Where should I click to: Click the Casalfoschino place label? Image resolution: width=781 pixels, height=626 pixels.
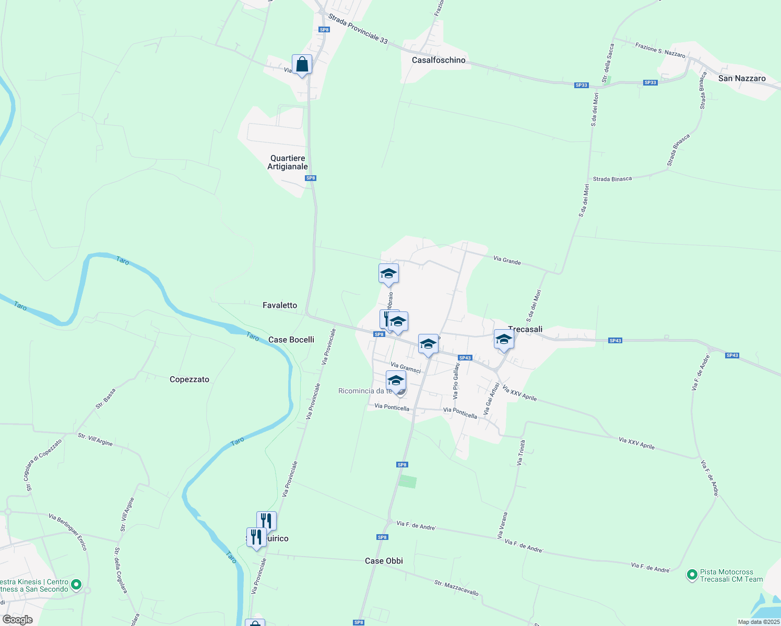439,60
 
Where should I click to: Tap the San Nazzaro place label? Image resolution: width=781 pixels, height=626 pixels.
742,78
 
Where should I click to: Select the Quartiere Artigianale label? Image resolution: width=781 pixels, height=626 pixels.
288,162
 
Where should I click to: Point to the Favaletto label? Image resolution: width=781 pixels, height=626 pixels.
280,305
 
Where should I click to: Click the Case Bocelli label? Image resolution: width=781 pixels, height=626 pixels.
291,340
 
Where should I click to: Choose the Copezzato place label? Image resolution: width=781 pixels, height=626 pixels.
190,379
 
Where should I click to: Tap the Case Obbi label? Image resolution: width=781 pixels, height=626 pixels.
384,561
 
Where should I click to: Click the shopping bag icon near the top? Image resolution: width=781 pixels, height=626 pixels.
302,65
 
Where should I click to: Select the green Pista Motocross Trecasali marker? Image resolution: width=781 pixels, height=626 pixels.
692,575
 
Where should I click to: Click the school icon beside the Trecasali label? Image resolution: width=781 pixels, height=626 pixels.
504,340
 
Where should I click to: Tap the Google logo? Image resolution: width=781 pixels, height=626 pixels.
17,620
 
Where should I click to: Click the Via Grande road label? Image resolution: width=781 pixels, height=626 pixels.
507,260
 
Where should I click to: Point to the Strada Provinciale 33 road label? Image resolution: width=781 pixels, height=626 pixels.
358,29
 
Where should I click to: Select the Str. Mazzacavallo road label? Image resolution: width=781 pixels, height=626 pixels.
456,587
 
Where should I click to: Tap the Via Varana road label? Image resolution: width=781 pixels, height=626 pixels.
502,525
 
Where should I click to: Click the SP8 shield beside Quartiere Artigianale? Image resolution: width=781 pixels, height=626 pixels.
311,178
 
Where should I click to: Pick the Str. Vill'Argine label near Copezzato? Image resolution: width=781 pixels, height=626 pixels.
95,439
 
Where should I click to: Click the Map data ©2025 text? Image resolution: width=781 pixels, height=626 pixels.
759,622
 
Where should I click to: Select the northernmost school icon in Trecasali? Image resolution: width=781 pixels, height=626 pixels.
388,274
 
